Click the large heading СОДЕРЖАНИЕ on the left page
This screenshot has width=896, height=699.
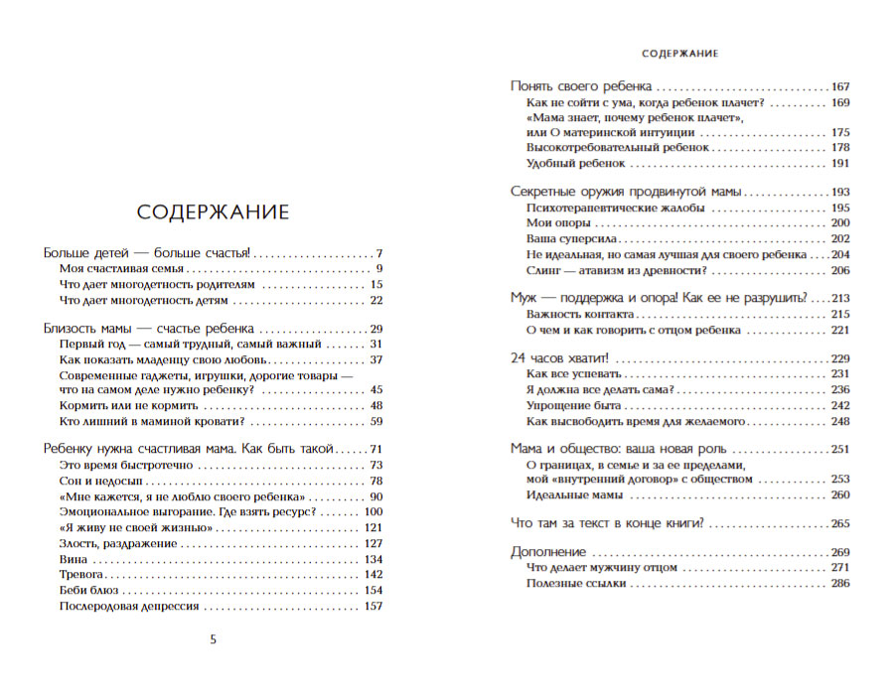213,212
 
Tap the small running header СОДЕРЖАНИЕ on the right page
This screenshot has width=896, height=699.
680,53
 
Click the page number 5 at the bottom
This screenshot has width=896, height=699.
213,638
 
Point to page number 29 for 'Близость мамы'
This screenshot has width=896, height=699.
375,329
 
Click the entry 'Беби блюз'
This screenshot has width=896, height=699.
89,590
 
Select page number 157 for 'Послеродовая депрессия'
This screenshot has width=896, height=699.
373,606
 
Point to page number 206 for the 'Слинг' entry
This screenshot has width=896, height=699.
841,271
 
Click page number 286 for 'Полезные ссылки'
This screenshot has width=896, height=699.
841,583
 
